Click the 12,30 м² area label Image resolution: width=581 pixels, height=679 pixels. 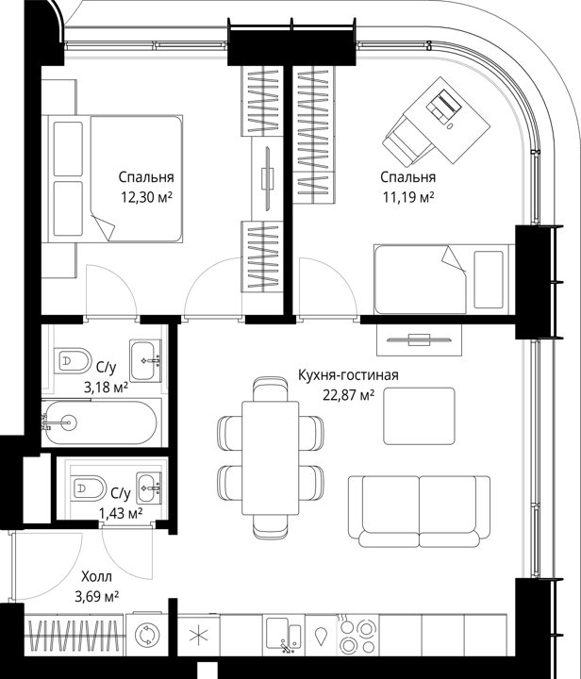pyautogui.click(x=147, y=197)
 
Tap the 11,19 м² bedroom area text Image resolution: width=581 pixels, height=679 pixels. pyautogui.click(x=408, y=197)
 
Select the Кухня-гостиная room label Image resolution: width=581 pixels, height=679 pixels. pyautogui.click(x=348, y=375)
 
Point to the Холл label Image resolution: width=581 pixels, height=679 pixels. pyautogui.click(x=96, y=577)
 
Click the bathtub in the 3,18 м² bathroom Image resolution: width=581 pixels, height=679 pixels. pyautogui.click(x=101, y=423)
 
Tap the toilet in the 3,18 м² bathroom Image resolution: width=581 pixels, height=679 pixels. pyautogui.click(x=73, y=360)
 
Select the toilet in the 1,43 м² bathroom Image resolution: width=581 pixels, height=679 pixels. pyautogui.click(x=88, y=489)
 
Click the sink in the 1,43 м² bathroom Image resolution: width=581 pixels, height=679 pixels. pyautogui.click(x=149, y=489)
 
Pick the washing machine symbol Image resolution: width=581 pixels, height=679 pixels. pyautogui.click(x=147, y=636)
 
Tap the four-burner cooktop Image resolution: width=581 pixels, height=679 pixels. pyautogui.click(x=357, y=636)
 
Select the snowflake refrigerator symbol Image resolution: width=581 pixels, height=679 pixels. pyautogui.click(x=199, y=636)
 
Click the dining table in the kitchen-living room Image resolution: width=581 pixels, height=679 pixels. pyautogui.click(x=270, y=458)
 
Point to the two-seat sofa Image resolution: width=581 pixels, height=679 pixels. pyautogui.click(x=419, y=511)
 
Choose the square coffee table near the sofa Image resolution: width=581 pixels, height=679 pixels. pyautogui.click(x=419, y=416)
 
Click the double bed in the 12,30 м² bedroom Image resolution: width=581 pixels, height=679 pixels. pyautogui.click(x=115, y=179)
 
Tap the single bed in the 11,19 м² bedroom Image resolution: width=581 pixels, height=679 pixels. pyautogui.click(x=444, y=279)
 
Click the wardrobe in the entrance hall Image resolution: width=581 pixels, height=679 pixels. pyautogui.click(x=74, y=636)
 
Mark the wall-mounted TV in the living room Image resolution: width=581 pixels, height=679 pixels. pyautogui.click(x=419, y=339)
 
